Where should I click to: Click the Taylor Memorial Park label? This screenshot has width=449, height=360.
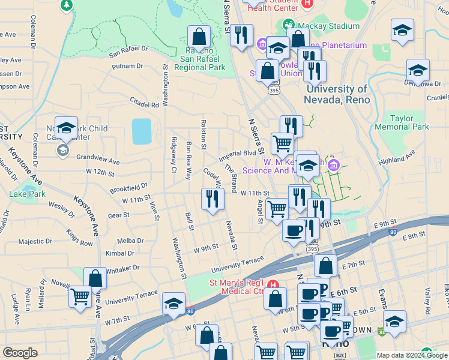pos(402,123)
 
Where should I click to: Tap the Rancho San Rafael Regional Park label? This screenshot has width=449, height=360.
pos(200,59)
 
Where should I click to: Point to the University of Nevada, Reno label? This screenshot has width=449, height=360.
pos(336,94)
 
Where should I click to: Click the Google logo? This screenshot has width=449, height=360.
pos(20,353)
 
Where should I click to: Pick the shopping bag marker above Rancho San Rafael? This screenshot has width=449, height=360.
pos(199,37)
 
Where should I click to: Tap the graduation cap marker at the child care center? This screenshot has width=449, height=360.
pos(66,127)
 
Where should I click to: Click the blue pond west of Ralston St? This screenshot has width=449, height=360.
pos(142,131)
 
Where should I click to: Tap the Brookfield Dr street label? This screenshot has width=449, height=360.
pos(128,188)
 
